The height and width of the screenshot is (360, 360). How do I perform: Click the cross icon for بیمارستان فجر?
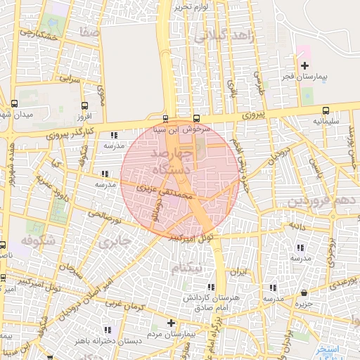[x=304, y=65]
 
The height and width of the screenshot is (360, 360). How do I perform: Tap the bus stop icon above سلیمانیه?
[x=326, y=110]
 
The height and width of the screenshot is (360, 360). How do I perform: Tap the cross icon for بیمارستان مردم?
[x=171, y=323]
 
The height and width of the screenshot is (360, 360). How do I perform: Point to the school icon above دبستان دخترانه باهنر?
[x=107, y=329]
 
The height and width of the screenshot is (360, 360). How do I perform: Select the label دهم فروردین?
[x=324, y=202]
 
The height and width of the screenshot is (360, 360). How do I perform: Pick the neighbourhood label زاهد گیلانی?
[x=224, y=37]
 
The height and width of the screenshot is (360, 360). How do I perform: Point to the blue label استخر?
[x=327, y=349]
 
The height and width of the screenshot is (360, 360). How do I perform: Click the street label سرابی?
[x=72, y=79]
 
